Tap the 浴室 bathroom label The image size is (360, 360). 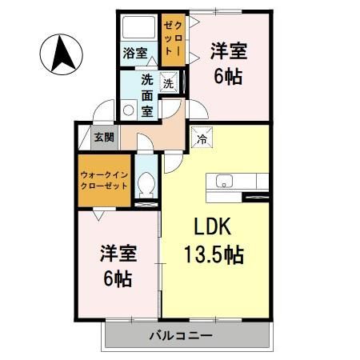(x=134, y=54)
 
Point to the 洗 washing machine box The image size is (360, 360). (x=168, y=82)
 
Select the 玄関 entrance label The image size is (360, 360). (x=104, y=137)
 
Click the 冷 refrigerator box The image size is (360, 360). (x=200, y=136)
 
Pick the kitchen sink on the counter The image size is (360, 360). (x=220, y=180)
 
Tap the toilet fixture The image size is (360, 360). (x=146, y=186)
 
